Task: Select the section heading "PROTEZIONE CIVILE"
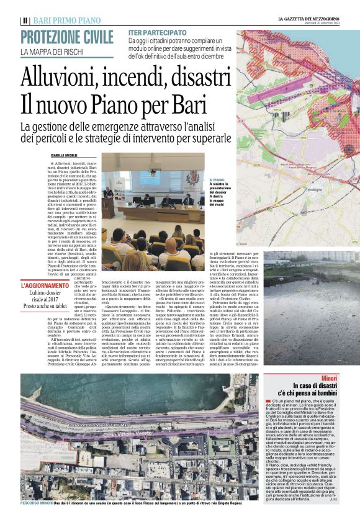click(x=68, y=37)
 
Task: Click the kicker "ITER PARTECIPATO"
click(x=157, y=32)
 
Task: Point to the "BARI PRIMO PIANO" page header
click(x=60, y=20)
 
